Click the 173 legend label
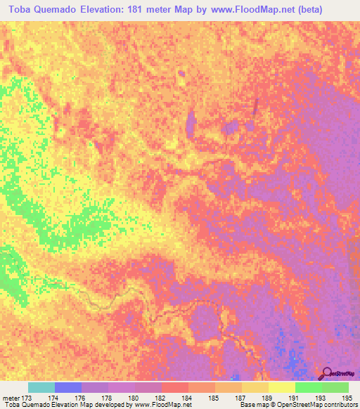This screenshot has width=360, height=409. tap(27, 398)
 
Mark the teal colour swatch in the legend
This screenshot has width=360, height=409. tap(41, 387)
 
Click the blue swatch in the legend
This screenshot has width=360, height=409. tap(68, 387)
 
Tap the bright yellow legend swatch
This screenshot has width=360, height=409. tap(282, 387)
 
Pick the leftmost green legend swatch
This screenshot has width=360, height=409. tap(309, 387)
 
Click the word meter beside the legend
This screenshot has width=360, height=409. tap(10, 398)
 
